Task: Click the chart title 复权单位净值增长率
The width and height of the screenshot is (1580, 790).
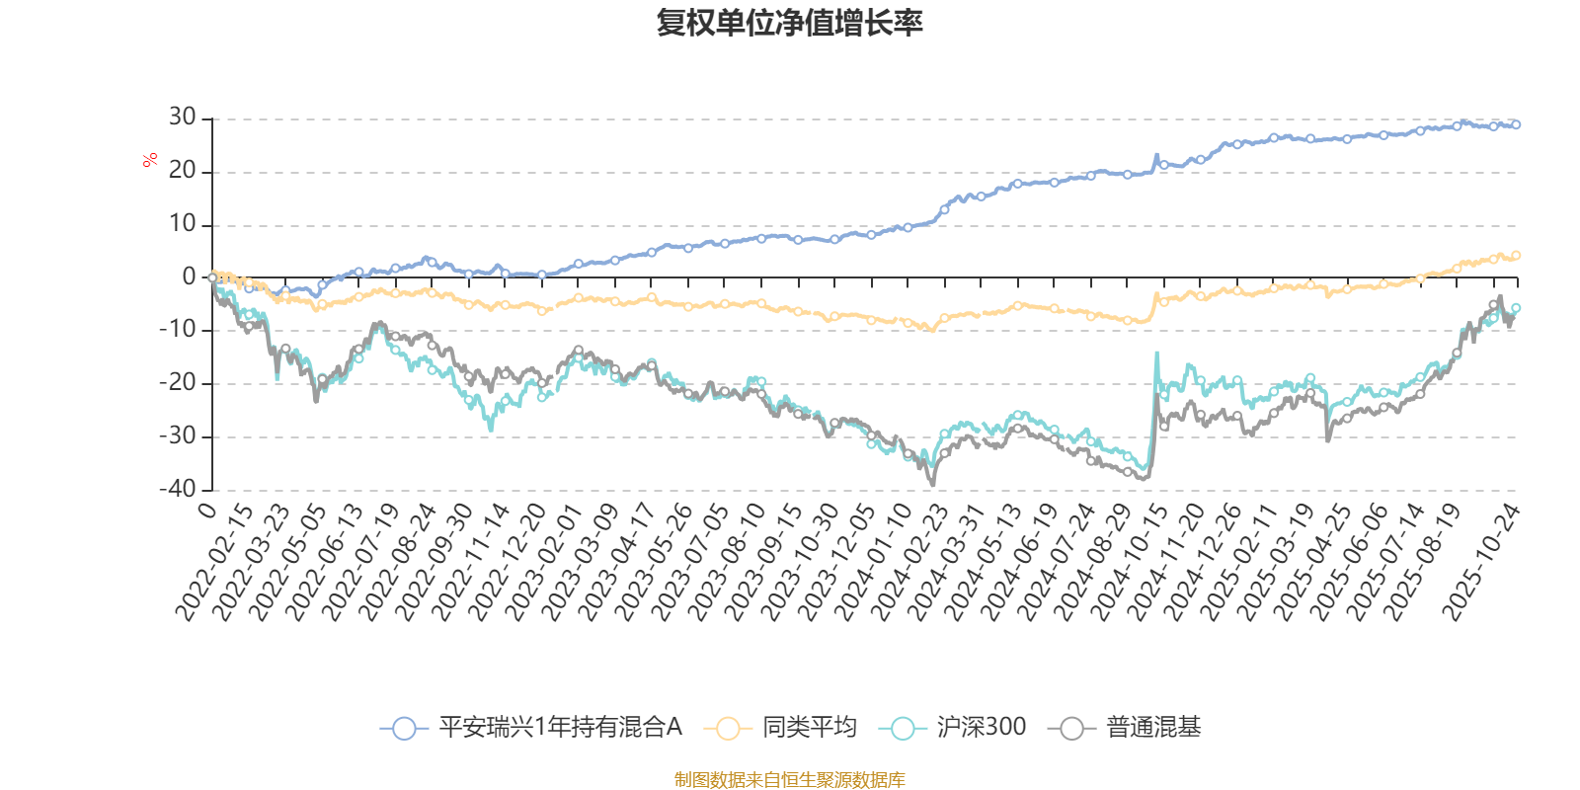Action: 790,23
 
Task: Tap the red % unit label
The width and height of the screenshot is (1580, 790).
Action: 150,160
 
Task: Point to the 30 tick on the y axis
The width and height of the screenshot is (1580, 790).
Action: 182,118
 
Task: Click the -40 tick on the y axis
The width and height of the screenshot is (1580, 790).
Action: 177,489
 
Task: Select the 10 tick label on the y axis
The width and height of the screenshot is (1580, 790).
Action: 182,224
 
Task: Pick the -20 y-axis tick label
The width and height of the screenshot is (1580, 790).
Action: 177,383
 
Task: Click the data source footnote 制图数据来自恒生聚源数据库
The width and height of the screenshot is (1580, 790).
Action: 790,780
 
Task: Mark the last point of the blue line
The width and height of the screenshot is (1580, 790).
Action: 1516,124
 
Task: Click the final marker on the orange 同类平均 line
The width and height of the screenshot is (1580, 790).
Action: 1516,256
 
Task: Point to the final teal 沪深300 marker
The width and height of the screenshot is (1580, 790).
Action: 1516,308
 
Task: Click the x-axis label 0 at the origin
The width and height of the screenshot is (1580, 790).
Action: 205,510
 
